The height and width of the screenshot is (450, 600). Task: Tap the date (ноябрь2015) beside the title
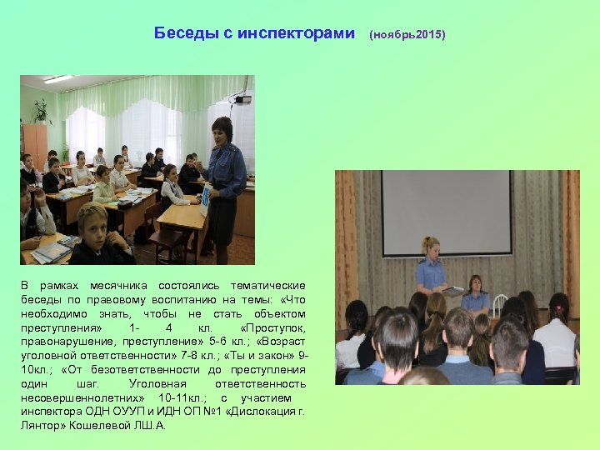click(407, 35)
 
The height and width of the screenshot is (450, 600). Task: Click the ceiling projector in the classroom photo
click(242, 99)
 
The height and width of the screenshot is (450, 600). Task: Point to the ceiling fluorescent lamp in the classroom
click(58, 80)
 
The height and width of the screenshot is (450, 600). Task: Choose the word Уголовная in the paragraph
click(159, 383)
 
